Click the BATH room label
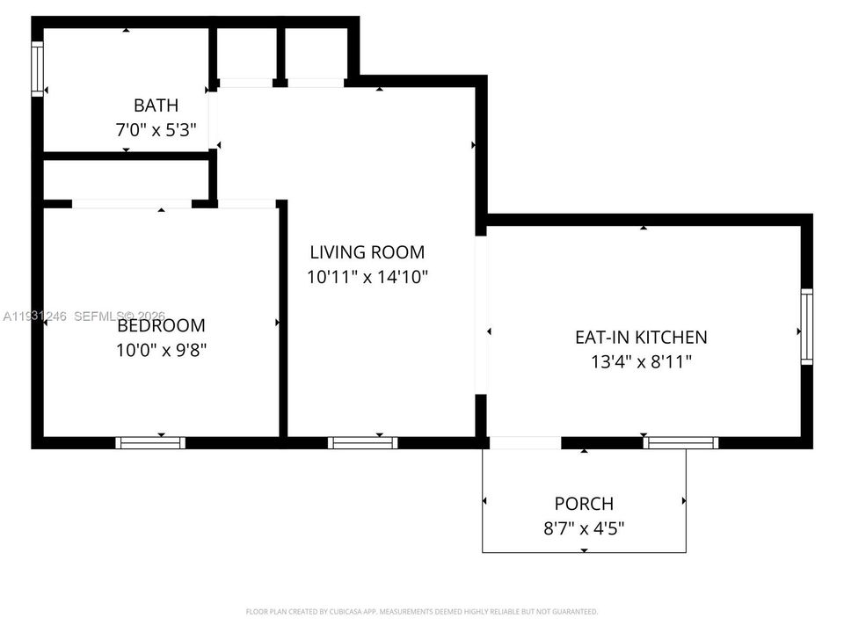[x=156, y=105]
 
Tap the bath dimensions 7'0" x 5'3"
[x=156, y=129]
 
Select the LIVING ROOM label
[x=367, y=252]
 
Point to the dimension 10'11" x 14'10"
[x=367, y=277]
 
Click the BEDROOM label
[x=161, y=326]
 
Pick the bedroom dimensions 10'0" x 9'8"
[x=161, y=349]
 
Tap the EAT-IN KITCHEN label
[x=640, y=337]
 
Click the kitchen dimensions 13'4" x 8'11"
[x=640, y=360]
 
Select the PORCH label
[x=584, y=504]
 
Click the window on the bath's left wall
[x=37, y=69]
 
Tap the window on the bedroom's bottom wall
[x=151, y=442]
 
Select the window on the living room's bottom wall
[x=362, y=442]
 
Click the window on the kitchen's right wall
[x=806, y=326]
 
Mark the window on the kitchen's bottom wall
[x=680, y=442]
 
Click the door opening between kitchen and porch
[x=525, y=442]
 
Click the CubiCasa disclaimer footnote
[x=421, y=611]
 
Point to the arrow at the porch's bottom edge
[x=584, y=550]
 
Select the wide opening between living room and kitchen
[x=481, y=315]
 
